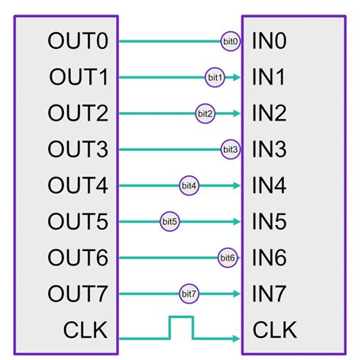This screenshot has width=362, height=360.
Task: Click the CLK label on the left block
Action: pos(83,330)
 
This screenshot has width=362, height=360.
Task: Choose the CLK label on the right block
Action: pos(276,330)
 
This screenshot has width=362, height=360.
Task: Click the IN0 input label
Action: pos(269,41)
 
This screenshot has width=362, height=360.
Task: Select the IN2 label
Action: pos(269,114)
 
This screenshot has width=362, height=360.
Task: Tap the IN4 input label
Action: pos(269,186)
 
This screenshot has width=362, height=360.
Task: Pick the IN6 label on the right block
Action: pos(269,259)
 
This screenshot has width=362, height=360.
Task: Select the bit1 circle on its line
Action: pos(215,77)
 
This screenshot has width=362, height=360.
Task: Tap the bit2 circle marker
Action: pos(205,114)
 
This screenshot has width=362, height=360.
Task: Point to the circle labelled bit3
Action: pos(230,149)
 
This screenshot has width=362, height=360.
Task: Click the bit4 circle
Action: pos(189,186)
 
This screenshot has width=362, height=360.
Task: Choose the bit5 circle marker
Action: pos(170,222)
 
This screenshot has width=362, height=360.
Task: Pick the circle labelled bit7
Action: pos(189,294)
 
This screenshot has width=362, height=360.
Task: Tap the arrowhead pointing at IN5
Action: pos(236,222)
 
